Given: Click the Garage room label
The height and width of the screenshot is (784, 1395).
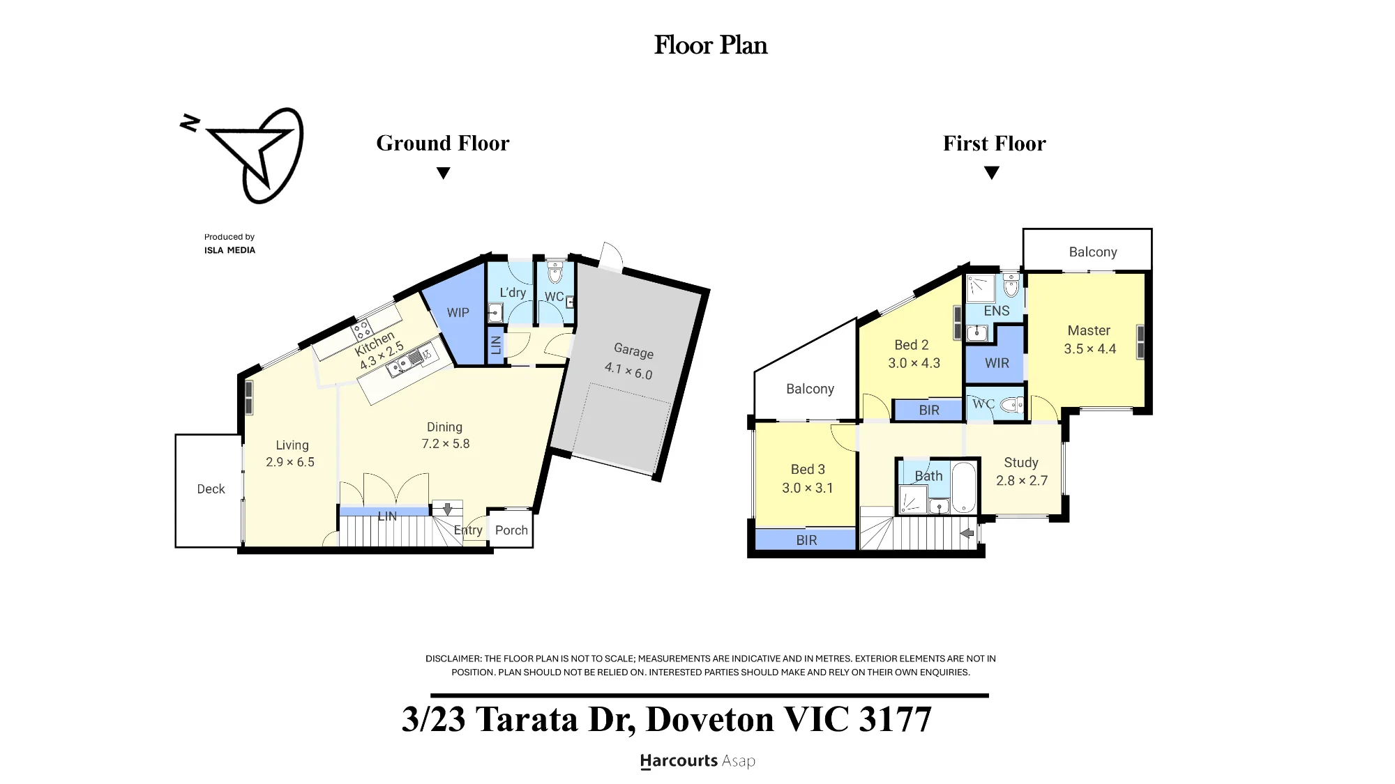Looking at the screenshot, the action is point(633,350).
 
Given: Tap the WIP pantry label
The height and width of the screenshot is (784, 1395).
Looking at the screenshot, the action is point(458,313).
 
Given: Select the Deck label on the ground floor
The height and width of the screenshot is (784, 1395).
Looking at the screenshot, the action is point(211,489).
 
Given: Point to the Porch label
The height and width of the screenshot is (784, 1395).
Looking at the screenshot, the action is point(511,530).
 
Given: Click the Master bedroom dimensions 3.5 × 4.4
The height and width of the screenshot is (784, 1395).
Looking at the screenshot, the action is point(1089,349).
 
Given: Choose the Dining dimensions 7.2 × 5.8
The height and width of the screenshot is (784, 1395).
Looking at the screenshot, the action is point(446,444).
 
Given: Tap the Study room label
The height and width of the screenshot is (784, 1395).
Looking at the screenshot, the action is point(1021,463).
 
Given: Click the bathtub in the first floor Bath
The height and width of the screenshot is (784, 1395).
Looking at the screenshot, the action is point(964,486).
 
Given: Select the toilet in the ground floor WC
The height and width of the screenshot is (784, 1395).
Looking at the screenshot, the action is point(555,272).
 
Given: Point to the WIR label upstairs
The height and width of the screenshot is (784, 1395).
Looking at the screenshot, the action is point(997,363).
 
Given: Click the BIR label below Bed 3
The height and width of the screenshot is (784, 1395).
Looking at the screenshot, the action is point(806,540).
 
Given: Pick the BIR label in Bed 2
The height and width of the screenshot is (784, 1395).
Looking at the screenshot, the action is point(929,410).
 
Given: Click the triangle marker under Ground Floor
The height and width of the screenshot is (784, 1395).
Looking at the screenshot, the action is point(443,173).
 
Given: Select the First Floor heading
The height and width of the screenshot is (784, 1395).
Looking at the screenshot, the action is point(995,143).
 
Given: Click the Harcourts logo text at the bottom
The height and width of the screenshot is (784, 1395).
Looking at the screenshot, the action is point(697,761).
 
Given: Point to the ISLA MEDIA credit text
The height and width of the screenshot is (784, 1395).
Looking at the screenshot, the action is point(229,250).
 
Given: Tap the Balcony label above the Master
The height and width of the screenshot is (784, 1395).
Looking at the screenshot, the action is point(1093,252).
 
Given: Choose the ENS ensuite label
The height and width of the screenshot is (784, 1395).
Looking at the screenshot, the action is point(997,311).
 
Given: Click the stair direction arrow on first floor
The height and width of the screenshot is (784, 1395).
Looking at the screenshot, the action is point(967,533).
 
